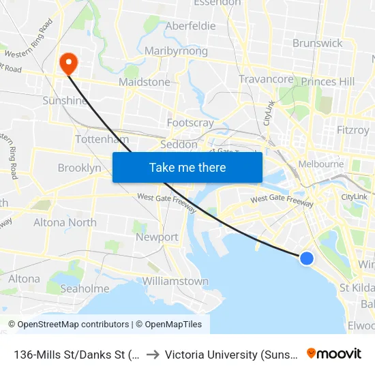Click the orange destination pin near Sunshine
click(x=69, y=63)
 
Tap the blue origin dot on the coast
click(x=307, y=258)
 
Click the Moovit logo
click(x=334, y=353)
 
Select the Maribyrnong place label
click(x=176, y=51)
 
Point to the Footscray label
click(x=190, y=123)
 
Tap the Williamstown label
click(x=175, y=281)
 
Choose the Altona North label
click(x=65, y=222)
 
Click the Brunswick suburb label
click(x=317, y=43)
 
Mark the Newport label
click(x=157, y=237)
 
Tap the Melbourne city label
click(x=321, y=164)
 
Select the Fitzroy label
click(x=353, y=130)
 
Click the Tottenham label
click(x=102, y=139)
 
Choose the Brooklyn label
click(x=79, y=168)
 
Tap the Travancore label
click(x=266, y=79)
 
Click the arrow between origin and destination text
click(x=153, y=353)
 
